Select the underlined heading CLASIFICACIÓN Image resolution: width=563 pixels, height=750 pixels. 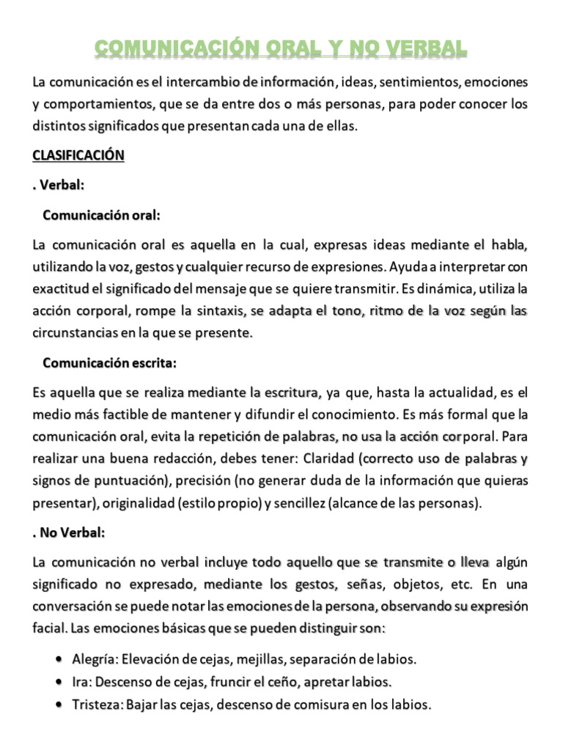pyautogui.click(x=78, y=155)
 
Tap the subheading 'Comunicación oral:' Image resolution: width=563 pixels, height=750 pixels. pyautogui.click(x=101, y=215)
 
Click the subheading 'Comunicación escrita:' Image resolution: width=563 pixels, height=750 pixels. pyautogui.click(x=110, y=363)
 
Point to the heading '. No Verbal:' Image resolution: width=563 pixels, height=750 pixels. pyautogui.click(x=69, y=533)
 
